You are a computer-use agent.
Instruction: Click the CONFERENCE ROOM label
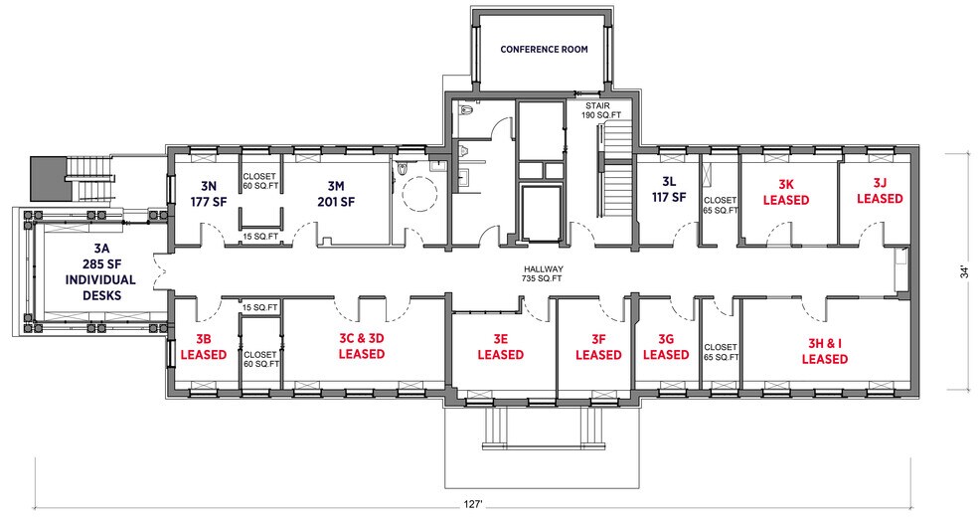(544, 50)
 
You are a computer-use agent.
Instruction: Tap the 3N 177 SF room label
(208, 194)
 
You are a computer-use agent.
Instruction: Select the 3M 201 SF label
(336, 194)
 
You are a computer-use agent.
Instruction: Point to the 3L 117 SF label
(669, 190)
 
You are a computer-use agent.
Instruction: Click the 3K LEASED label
(786, 192)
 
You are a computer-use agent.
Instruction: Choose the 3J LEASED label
(880, 190)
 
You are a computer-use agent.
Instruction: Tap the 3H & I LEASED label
(825, 351)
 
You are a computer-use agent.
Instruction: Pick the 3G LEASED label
(666, 347)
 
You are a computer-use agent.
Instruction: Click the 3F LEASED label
(598, 347)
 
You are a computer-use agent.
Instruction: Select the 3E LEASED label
(500, 346)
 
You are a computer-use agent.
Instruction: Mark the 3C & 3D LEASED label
(361, 346)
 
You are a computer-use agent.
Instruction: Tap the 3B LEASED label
(204, 347)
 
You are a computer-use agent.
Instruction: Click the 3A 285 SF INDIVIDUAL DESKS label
(101, 272)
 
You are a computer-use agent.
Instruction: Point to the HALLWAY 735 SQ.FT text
(544, 273)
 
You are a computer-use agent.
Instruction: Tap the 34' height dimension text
(965, 272)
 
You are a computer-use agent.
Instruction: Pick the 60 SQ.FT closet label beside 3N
(259, 182)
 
